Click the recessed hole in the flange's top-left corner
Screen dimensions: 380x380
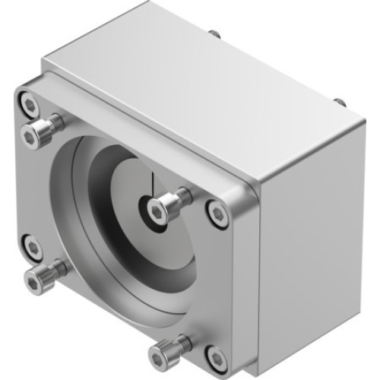coord(29,101)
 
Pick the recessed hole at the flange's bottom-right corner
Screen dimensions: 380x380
coord(217,355)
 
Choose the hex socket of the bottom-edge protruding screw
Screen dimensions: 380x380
coord(159,355)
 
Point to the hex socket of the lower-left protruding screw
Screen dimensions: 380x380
coord(33,283)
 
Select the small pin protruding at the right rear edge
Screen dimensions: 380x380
coord(340,101)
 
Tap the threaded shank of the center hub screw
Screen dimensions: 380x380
coord(179,198)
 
